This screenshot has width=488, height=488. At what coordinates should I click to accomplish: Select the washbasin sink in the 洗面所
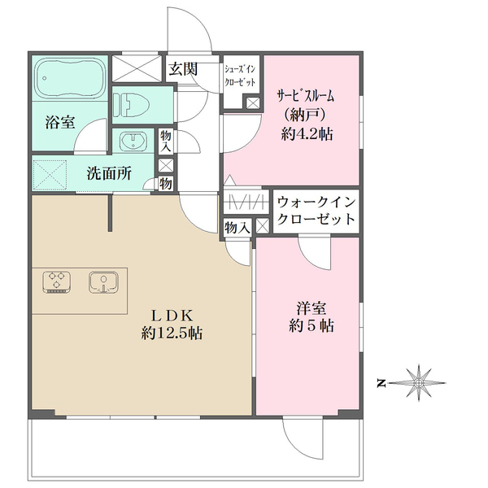(x=131, y=141)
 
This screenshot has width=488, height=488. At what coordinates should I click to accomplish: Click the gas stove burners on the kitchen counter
(x=56, y=282)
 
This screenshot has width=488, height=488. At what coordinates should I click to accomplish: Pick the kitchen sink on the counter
(x=102, y=282)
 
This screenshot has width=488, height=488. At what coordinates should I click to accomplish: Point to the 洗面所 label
(x=108, y=173)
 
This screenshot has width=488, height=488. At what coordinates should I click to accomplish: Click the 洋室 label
(x=309, y=308)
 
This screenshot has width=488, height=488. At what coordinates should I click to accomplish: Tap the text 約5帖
(x=309, y=326)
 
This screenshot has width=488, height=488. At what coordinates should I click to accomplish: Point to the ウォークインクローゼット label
(x=315, y=211)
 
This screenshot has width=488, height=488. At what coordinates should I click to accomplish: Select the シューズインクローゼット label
(x=242, y=76)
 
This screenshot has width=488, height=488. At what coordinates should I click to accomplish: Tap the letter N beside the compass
(x=380, y=381)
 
